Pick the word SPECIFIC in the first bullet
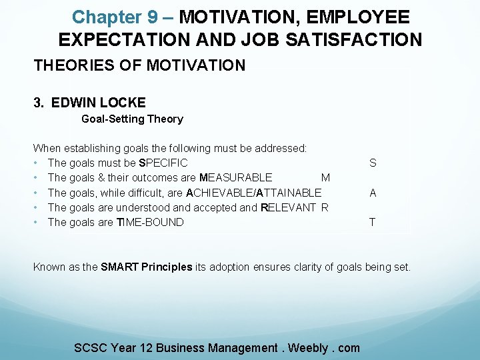pos(163,163)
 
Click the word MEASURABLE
pos(235,178)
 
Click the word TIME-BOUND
pos(150,223)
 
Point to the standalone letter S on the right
pos(373,163)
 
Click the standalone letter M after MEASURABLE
pos(325,178)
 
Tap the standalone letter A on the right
pos(373,193)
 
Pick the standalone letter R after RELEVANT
pos(325,207)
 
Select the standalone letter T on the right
pos(372,223)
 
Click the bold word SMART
pos(120,267)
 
